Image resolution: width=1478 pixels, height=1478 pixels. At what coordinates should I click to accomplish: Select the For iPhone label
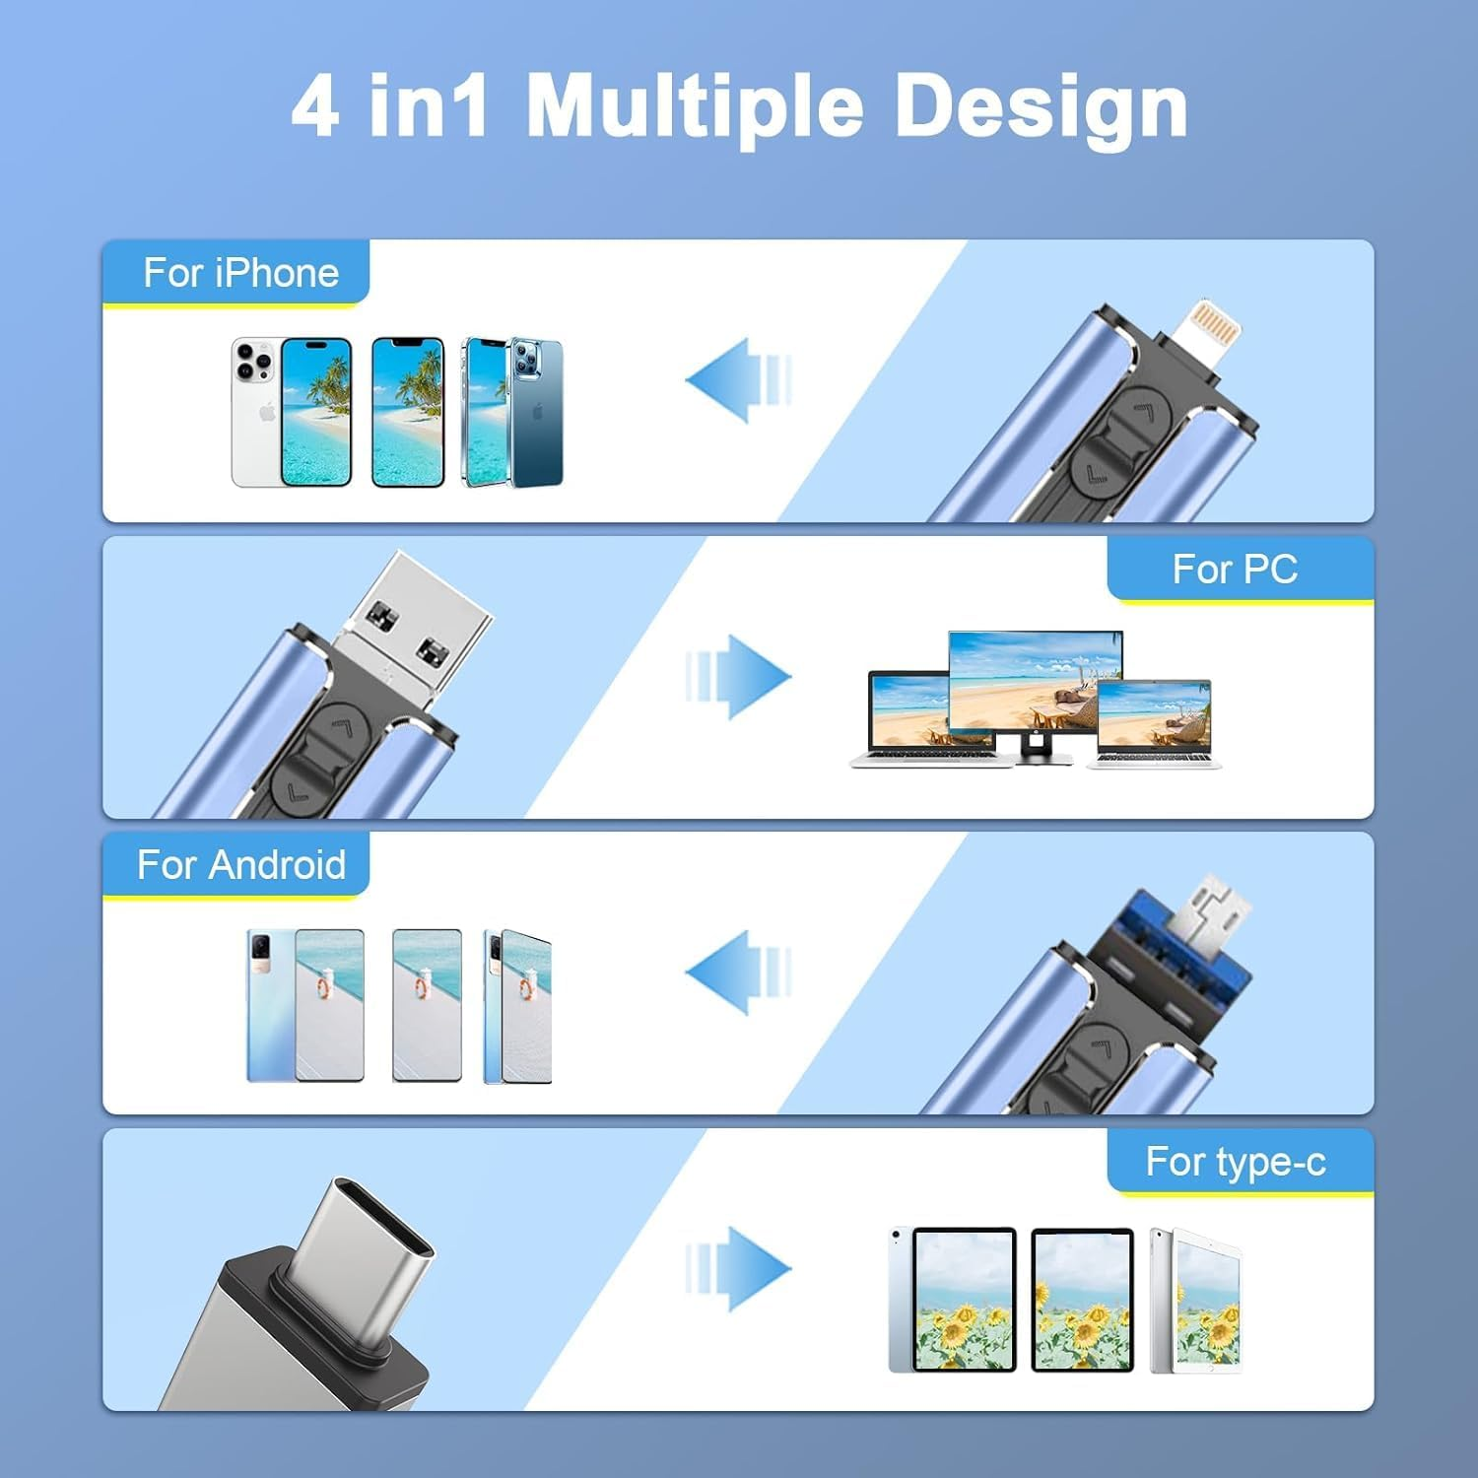pyautogui.click(x=240, y=273)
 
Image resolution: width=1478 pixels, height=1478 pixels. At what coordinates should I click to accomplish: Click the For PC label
pyautogui.click(x=1235, y=570)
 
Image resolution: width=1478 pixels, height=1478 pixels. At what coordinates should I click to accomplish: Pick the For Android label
pyautogui.click(x=240, y=865)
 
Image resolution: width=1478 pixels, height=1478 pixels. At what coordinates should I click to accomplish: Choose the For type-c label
pyautogui.click(x=1235, y=1162)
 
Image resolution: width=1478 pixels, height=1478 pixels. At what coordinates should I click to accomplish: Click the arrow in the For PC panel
pyautogui.click(x=739, y=677)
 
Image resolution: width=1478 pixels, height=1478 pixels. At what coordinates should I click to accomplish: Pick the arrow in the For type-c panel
pyautogui.click(x=739, y=1268)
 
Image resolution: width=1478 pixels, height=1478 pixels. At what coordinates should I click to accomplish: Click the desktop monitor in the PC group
pyautogui.click(x=1035, y=685)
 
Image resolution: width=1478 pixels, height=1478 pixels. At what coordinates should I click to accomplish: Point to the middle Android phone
pyautogui.click(x=427, y=1005)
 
